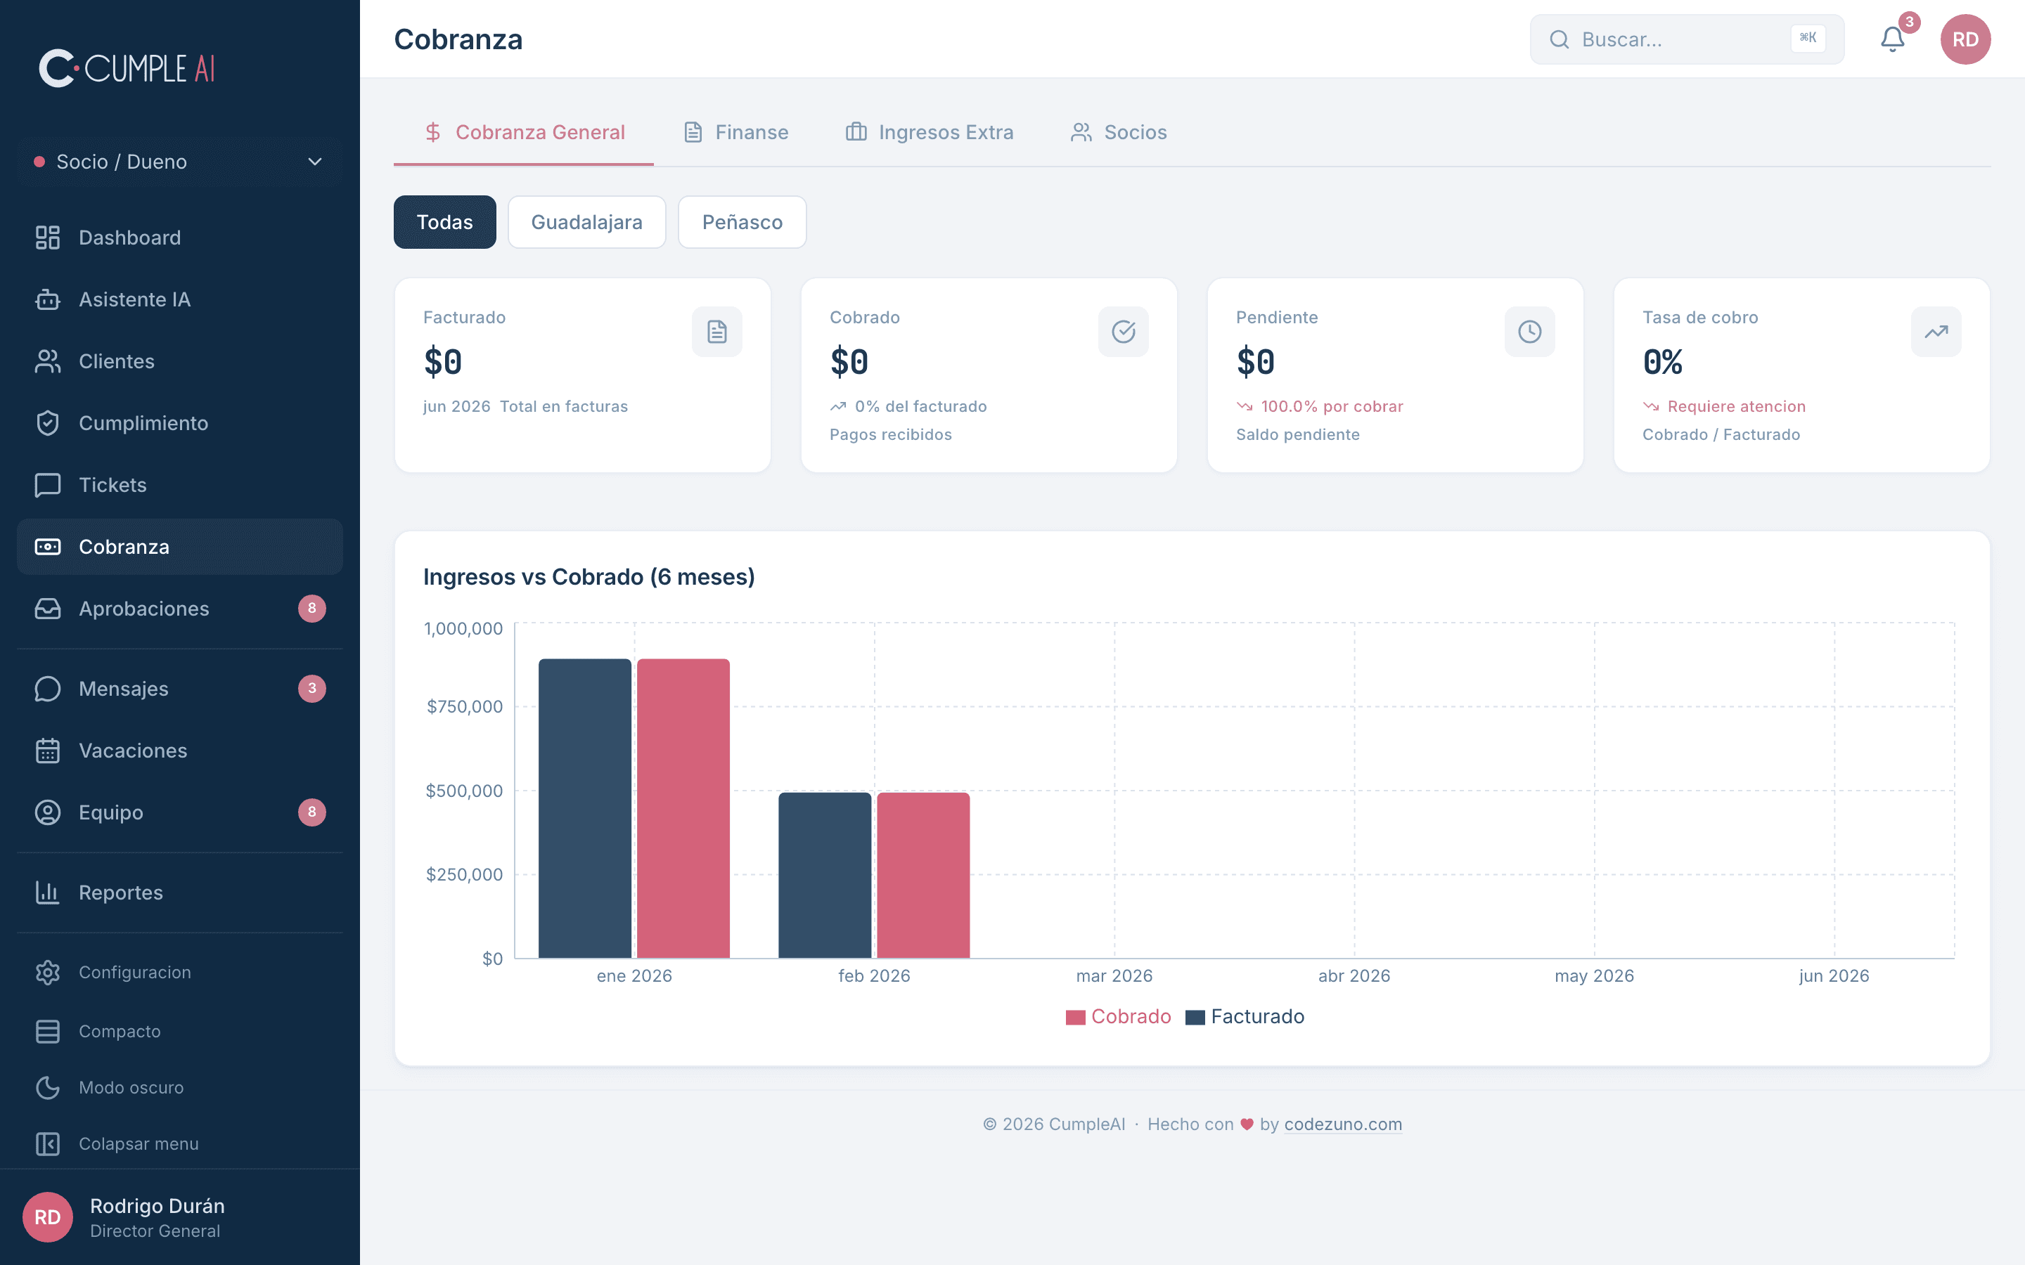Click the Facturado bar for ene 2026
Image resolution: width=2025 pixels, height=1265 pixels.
585,808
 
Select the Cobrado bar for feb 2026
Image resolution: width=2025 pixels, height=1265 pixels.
923,875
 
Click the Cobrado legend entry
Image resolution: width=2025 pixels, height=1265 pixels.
1118,1016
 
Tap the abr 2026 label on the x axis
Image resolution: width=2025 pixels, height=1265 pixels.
1354,975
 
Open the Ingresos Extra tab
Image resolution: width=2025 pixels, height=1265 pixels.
930,132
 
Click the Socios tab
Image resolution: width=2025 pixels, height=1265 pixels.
1118,132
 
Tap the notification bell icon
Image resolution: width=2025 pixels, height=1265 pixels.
1892,39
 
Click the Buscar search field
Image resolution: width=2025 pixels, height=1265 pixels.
1686,39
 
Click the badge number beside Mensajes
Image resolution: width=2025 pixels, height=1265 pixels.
312,689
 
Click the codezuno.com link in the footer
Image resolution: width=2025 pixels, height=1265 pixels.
1343,1124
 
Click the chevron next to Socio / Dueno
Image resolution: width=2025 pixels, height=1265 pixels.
314,162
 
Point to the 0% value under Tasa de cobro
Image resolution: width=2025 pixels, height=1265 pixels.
1663,362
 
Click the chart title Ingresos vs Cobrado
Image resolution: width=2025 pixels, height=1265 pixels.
589,577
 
